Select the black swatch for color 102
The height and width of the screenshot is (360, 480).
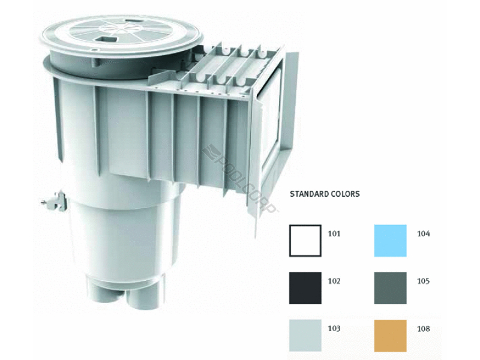click(305, 288)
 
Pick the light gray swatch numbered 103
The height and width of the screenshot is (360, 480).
click(305, 335)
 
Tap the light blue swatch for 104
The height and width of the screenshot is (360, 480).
click(391, 241)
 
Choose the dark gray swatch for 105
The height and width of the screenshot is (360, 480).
click(391, 288)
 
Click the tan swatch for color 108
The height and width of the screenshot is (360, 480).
click(391, 335)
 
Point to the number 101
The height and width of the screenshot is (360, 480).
click(334, 234)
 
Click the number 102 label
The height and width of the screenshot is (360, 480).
click(334, 281)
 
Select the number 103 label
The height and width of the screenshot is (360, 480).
click(334, 328)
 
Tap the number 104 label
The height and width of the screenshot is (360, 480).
click(424, 234)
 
